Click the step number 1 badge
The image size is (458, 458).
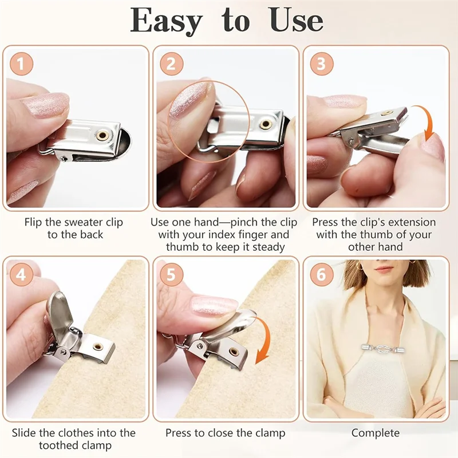[21, 64]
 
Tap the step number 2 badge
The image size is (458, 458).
[171, 64]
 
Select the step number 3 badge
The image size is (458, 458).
[322, 64]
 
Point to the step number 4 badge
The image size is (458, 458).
[21, 275]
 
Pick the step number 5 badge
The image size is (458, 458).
[171, 275]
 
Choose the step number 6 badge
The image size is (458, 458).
[322, 275]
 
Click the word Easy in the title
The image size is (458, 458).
[166, 21]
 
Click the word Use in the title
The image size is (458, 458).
[296, 21]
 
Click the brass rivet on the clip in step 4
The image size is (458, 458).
[98, 347]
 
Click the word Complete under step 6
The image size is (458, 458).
[376, 433]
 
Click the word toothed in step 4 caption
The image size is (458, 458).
[60, 445]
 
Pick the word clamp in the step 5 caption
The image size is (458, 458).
[269, 433]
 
